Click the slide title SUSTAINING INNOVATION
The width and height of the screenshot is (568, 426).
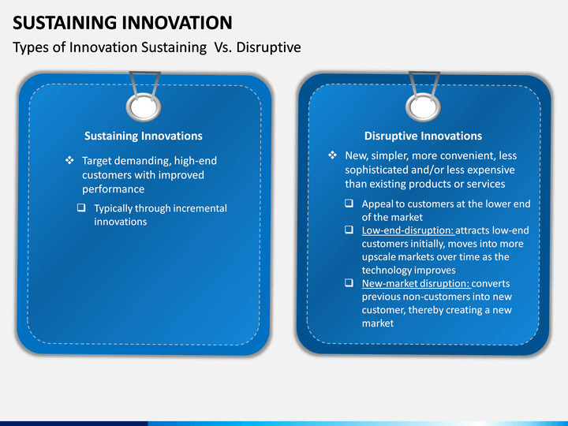(122, 23)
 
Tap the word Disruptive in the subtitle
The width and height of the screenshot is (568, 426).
(268, 47)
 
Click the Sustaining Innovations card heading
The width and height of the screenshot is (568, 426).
(144, 136)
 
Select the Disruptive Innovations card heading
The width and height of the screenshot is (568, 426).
(423, 136)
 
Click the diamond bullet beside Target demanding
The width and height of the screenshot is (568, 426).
(69, 160)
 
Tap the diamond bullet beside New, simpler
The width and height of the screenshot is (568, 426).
(333, 155)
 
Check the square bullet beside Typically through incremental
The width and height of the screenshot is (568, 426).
(81, 207)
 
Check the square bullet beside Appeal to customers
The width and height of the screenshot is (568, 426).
(349, 203)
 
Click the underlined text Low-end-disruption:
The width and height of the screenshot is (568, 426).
(408, 230)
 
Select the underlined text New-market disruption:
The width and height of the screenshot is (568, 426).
(416, 283)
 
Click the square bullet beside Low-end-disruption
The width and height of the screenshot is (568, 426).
(349, 230)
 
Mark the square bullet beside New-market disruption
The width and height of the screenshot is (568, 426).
(349, 282)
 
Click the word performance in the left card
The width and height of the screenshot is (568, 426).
(113, 189)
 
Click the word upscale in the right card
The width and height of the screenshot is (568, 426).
(379, 257)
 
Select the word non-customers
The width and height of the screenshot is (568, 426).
(416, 297)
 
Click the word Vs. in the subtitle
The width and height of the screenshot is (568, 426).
(222, 47)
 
